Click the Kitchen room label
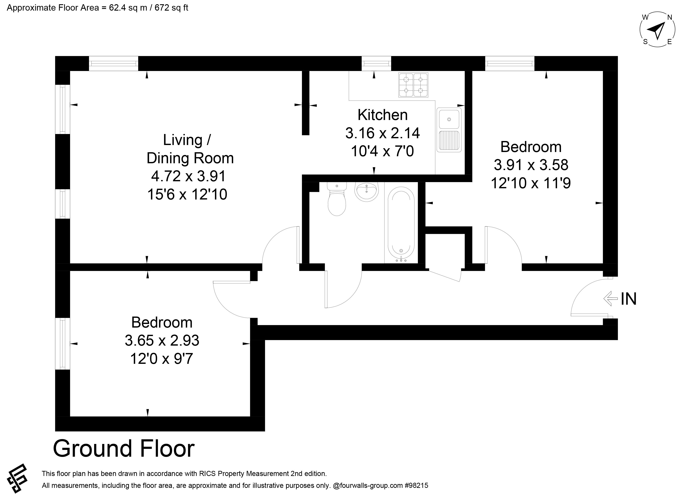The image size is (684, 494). (382, 115)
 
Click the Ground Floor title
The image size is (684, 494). (124, 449)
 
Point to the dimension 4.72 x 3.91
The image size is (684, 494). (189, 176)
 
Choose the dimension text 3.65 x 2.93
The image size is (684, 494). (162, 341)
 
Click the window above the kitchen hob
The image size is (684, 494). (376, 63)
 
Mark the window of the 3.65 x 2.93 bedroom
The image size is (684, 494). (63, 344)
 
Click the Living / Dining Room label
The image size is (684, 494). (190, 149)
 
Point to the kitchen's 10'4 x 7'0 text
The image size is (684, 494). (382, 151)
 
